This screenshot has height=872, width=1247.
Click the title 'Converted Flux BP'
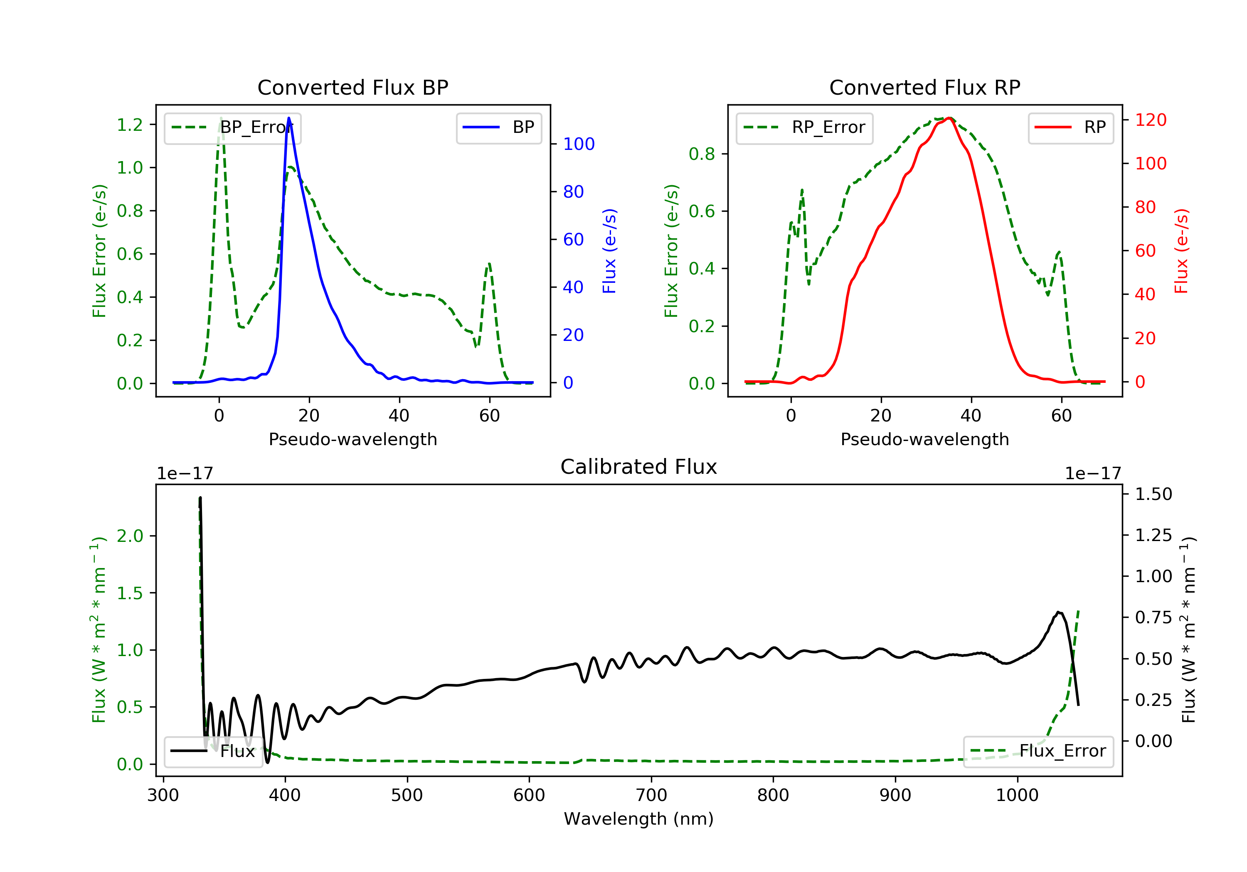353,87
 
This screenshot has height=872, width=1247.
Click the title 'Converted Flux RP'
925,87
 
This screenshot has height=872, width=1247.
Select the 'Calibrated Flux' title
639,467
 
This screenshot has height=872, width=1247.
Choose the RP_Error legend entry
804,127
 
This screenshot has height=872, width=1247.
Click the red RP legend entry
1070,127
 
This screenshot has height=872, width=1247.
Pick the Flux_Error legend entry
1038,751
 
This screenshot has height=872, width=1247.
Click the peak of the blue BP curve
288,118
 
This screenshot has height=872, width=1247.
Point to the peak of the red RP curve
948,118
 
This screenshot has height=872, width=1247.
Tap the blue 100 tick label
579,144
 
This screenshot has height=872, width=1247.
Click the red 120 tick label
1151,120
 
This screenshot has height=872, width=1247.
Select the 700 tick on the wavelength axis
651,796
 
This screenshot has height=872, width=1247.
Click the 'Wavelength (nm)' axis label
639,819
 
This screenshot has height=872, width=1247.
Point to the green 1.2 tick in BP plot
130,125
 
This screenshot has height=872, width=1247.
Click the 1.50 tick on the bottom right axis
1153,494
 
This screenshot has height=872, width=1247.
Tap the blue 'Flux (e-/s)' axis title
609,251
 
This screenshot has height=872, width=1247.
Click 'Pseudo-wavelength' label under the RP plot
925,439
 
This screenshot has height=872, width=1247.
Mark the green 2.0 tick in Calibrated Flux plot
130,536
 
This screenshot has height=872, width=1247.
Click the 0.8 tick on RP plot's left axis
702,154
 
